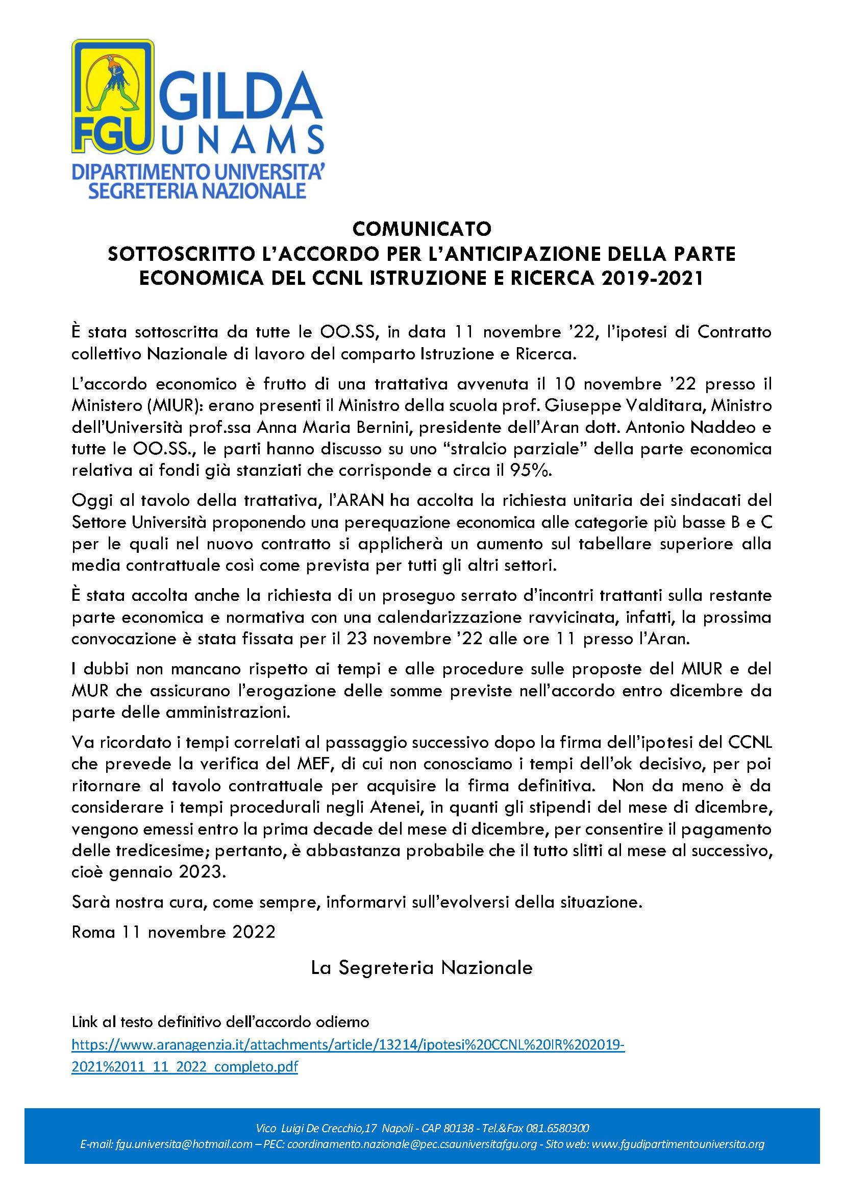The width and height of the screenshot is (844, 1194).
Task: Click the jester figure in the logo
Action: point(113,83)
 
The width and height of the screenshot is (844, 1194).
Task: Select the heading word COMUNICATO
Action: point(421,229)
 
